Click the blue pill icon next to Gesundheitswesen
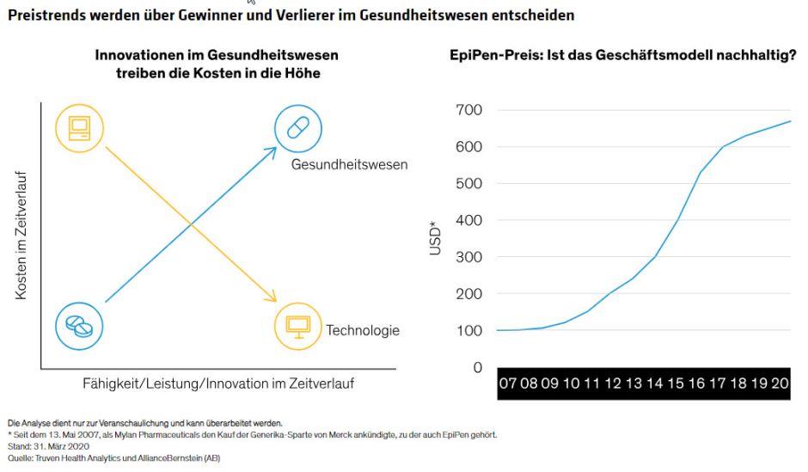pos(297,128)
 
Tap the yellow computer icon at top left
pos(79,128)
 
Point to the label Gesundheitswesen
pos(349,164)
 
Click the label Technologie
pos(362,330)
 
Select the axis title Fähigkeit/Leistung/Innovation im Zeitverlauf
pos(217,383)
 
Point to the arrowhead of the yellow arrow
pos(274,299)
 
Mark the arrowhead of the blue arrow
pos(272,150)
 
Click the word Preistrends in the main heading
pos(43,15)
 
